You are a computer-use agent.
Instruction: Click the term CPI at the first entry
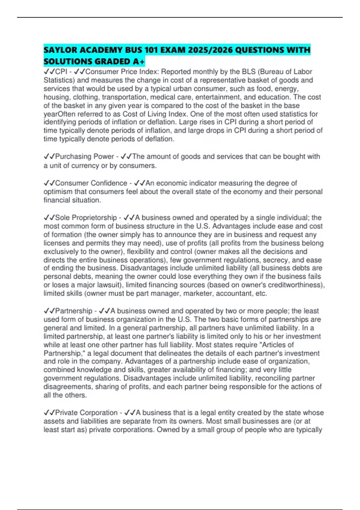pyautogui.click(x=61, y=72)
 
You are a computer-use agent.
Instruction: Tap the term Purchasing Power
pyautogui.click(x=84, y=156)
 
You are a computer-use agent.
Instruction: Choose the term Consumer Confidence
pyautogui.click(x=91, y=183)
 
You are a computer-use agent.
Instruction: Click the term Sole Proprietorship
pyautogui.click(x=86, y=217)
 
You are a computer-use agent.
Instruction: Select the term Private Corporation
pyautogui.click(x=86, y=412)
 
